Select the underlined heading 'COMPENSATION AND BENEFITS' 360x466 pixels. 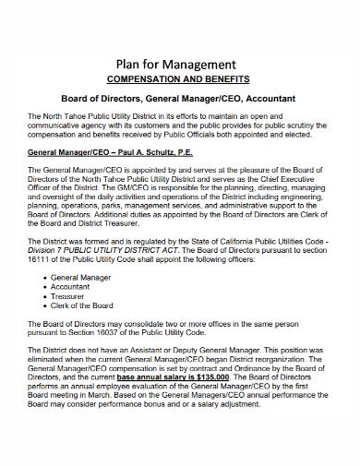(181, 79)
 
